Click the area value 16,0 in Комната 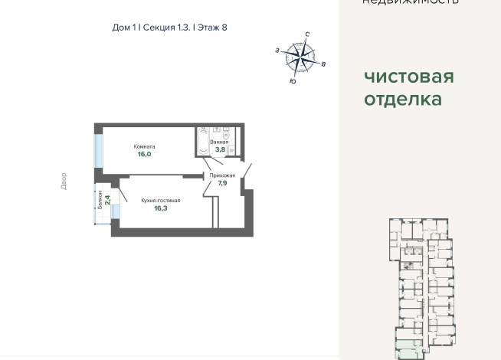click(144, 154)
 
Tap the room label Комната click(144, 146)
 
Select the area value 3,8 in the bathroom click(219, 149)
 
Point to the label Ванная click(219, 142)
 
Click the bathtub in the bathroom click(202, 142)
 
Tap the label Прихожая click(222, 175)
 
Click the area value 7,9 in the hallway click(222, 183)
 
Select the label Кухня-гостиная click(160, 200)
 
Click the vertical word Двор click(64, 181)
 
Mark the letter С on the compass click(307, 34)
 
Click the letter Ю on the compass click(293, 80)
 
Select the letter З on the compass click(277, 50)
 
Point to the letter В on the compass click(324, 64)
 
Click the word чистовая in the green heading click(409, 77)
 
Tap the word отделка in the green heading click(403, 99)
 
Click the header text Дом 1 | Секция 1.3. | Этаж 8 click(169, 28)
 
